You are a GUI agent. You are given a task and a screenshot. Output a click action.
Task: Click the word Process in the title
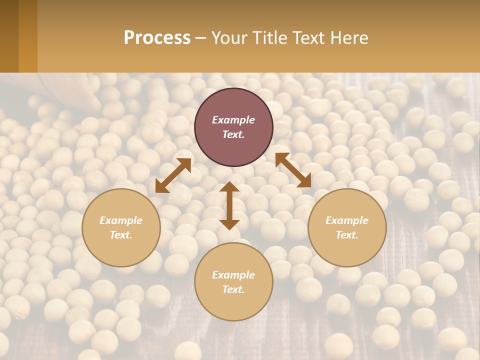click(157, 38)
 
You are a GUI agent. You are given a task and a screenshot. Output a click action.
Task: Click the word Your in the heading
click(229, 38)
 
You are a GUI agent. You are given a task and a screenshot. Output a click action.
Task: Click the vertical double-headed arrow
click(229, 205)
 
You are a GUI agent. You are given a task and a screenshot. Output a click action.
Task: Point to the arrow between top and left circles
click(173, 175)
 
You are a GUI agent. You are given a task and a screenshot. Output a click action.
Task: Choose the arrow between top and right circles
click(293, 170)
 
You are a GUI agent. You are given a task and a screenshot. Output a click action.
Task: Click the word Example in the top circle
click(233, 120)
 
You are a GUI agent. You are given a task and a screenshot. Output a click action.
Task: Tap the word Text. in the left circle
click(121, 235)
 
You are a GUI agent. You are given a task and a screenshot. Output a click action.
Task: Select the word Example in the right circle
click(347, 220)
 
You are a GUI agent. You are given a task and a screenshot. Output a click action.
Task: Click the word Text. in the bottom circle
click(233, 289)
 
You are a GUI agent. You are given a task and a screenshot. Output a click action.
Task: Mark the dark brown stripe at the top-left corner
click(9, 36)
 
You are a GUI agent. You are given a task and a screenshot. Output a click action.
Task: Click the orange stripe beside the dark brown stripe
click(28, 36)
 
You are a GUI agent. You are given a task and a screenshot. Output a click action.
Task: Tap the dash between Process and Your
click(201, 38)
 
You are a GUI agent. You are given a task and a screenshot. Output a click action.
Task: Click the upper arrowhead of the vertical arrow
click(229, 186)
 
